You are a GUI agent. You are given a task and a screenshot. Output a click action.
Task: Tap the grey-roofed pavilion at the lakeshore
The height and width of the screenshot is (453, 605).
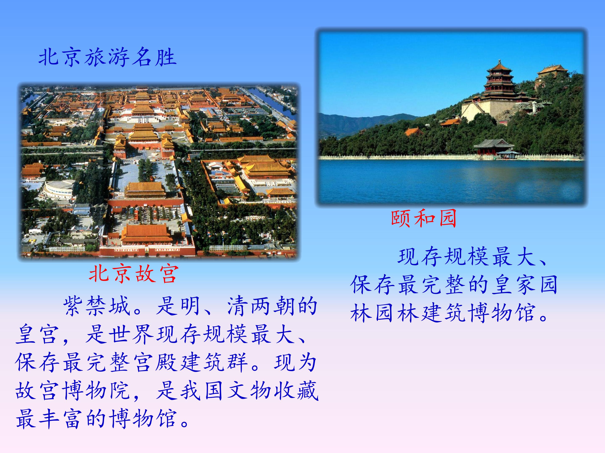(494, 147)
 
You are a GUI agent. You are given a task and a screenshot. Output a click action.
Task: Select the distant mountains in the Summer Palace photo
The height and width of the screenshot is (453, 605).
(364, 124)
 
